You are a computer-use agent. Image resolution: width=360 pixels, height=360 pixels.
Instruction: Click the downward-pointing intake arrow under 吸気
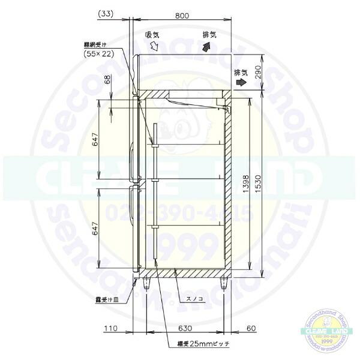click(154, 47)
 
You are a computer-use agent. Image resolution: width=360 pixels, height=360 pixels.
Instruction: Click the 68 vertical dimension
click(108, 80)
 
